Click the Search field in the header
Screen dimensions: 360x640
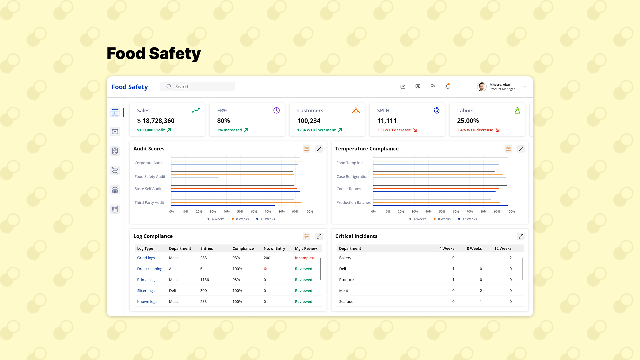[198, 87]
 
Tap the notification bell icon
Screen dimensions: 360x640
[448, 86]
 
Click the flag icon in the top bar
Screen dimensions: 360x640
[433, 87]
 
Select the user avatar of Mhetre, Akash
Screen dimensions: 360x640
[482, 87]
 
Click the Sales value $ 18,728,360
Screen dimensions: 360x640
[156, 121]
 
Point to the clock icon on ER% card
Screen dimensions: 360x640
[276, 110]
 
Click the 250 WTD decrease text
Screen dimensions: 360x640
[394, 130]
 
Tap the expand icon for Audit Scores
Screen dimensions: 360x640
[319, 149]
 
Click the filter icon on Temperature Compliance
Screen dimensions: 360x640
[508, 149]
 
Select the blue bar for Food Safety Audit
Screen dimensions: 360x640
[195, 178]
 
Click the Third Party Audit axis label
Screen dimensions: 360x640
[149, 202]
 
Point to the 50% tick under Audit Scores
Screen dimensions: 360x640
[240, 212]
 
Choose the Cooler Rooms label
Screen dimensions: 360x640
[349, 189]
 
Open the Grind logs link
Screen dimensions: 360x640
[146, 258]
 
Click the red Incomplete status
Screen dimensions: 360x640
[305, 258]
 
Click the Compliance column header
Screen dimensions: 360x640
[243, 248]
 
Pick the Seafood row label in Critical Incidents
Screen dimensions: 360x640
[346, 301]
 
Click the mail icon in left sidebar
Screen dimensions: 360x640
[115, 132]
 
